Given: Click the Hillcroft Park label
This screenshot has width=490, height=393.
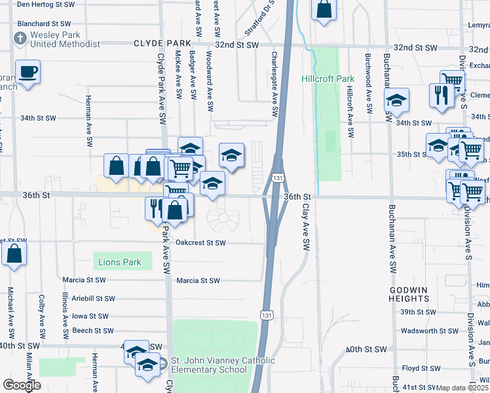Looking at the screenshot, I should tap(328, 79).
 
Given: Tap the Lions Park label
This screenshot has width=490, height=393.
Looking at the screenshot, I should tap(119, 263).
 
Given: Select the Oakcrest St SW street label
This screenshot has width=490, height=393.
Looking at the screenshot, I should tap(200, 242).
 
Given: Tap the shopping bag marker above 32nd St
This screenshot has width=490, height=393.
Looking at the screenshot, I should tap(324, 10).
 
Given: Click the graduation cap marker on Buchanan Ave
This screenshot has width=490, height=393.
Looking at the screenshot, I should tap(396, 101).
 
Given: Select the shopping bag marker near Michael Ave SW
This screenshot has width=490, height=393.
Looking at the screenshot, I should tap(14, 253).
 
